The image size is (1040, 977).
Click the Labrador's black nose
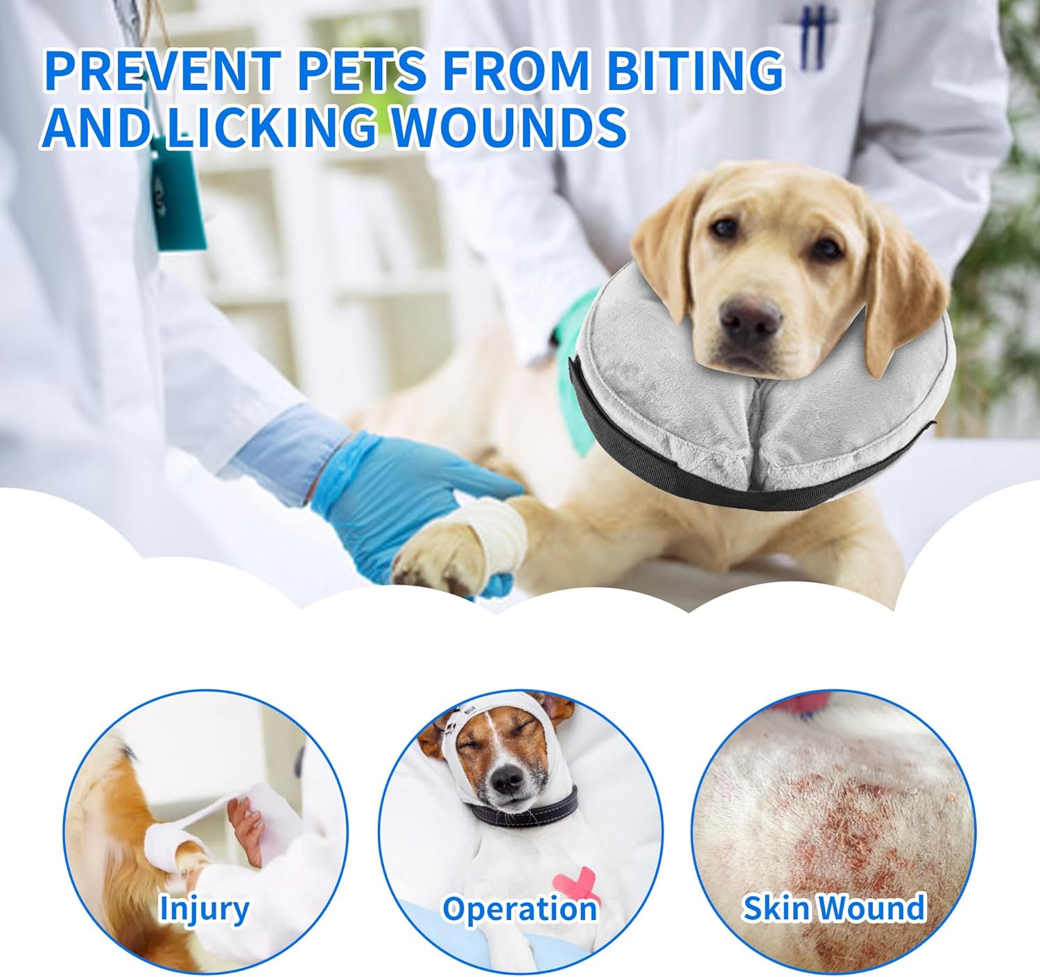[x=750, y=318]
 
